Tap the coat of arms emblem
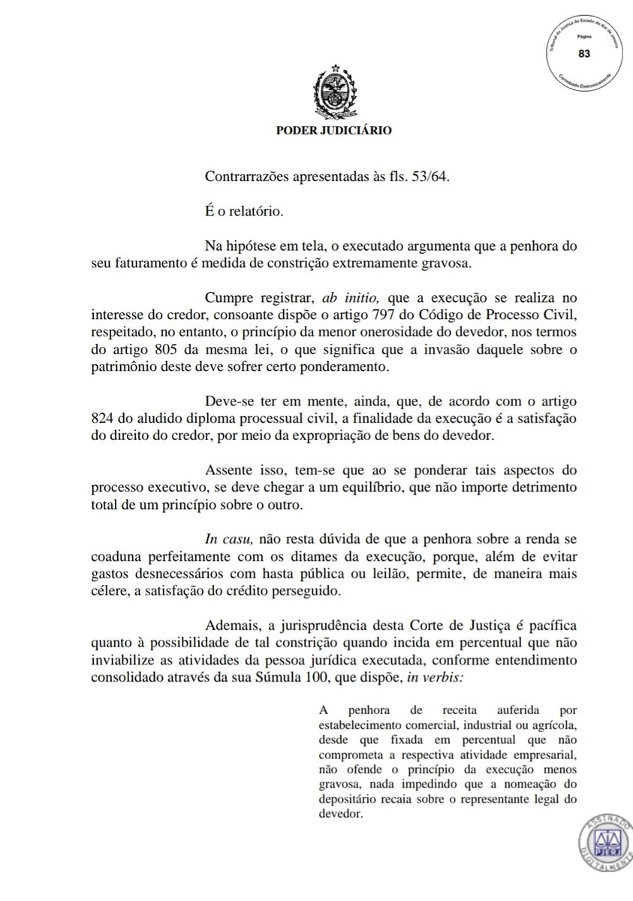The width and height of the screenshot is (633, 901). point(331,92)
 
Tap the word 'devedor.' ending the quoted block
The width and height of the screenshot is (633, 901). point(342,812)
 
